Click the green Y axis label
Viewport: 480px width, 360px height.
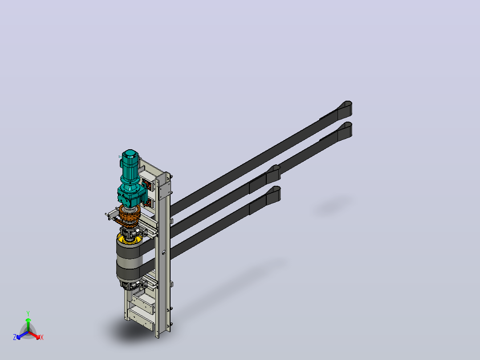tap(28, 313)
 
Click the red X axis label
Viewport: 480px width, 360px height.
tap(42, 337)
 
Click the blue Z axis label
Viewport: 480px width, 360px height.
tap(15, 337)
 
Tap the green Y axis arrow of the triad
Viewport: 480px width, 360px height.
tap(28, 325)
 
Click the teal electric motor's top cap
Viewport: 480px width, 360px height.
tap(130, 153)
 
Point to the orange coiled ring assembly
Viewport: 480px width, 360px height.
tap(130, 214)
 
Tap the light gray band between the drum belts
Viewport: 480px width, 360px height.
tap(130, 262)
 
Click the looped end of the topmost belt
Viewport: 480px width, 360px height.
tap(345, 110)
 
